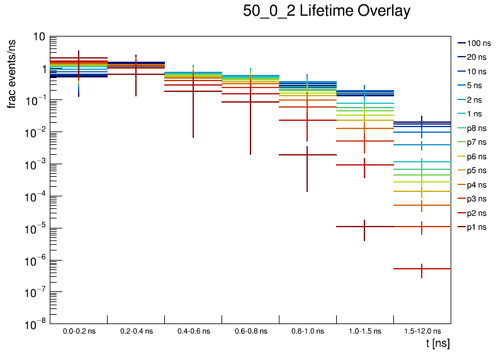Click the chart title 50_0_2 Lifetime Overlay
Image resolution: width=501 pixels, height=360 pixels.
pyautogui.click(x=327, y=11)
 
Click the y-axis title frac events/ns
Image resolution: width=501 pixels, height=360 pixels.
pyautogui.click(x=12, y=72)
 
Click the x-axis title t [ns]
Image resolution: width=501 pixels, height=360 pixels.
pyautogui.click(x=438, y=343)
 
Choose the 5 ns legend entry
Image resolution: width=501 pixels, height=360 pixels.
pyautogui.click(x=475, y=86)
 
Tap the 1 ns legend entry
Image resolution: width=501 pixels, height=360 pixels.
pyautogui.click(x=475, y=114)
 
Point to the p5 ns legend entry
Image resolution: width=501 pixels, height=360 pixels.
pyautogui.click(x=476, y=171)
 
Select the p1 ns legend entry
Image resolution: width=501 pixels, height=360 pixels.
pyautogui.click(x=476, y=227)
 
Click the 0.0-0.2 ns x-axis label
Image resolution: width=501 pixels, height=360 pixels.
pyautogui.click(x=79, y=330)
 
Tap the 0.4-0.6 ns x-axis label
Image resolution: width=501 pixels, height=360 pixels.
pyautogui.click(x=193, y=330)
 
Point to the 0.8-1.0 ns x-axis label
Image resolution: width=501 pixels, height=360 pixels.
pyautogui.click(x=307, y=330)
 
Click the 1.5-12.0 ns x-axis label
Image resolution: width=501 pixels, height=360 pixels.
pyautogui.click(x=422, y=330)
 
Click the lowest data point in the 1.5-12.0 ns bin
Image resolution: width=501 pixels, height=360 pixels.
pyautogui.click(x=422, y=269)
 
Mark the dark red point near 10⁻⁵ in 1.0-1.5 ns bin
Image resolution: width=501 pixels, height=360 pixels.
pyautogui.click(x=364, y=227)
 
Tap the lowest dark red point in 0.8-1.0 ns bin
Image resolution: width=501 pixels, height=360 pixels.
pyautogui.click(x=307, y=154)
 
